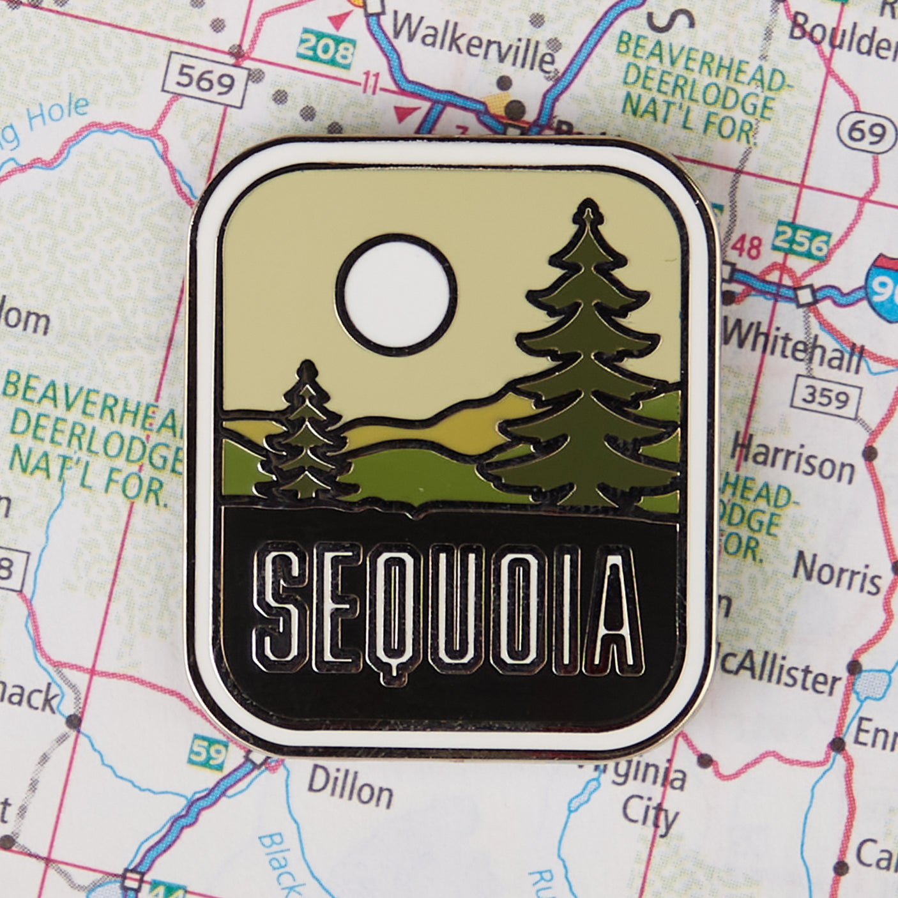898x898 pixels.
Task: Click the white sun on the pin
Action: [396, 295]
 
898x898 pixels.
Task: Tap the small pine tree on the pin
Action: [307, 434]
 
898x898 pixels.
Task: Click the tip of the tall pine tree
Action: [585, 206]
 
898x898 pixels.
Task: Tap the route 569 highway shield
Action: [204, 81]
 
